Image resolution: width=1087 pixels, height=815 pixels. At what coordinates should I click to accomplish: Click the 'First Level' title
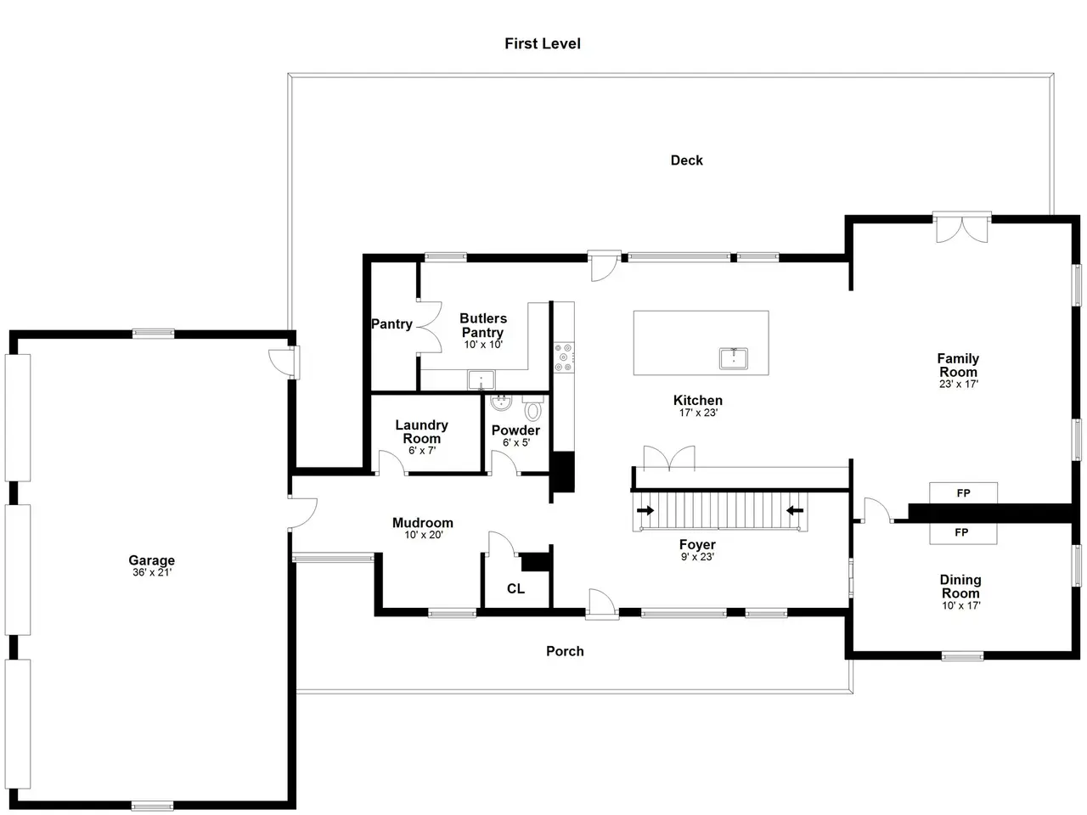543,43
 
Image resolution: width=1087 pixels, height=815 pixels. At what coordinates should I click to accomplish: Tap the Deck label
686,160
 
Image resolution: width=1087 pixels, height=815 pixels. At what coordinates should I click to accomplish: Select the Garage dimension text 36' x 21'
151,572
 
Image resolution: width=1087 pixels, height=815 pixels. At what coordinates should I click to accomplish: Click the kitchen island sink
733,358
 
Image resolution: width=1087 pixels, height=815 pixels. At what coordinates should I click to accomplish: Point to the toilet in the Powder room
532,407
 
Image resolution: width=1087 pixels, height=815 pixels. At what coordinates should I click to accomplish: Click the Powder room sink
501,402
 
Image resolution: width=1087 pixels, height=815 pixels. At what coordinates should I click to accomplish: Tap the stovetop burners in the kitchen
564,357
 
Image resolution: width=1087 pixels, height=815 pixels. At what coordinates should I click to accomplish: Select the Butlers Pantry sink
481,380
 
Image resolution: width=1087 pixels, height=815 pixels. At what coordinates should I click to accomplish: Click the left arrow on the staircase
645,510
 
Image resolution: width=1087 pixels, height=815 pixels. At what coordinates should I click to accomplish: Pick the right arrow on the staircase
795,510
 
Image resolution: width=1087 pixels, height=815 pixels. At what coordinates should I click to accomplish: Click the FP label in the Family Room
963,493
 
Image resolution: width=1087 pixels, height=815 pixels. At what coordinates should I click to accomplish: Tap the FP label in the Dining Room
961,532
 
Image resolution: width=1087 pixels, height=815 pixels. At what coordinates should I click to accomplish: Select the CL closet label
515,588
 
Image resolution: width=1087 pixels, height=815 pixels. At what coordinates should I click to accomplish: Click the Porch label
565,651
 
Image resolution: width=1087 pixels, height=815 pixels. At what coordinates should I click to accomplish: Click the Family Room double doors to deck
961,228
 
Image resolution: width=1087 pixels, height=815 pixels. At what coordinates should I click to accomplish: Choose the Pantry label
391,324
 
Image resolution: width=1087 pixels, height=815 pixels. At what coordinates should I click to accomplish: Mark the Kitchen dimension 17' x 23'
698,413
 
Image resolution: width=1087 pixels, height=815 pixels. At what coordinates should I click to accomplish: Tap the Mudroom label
422,523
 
